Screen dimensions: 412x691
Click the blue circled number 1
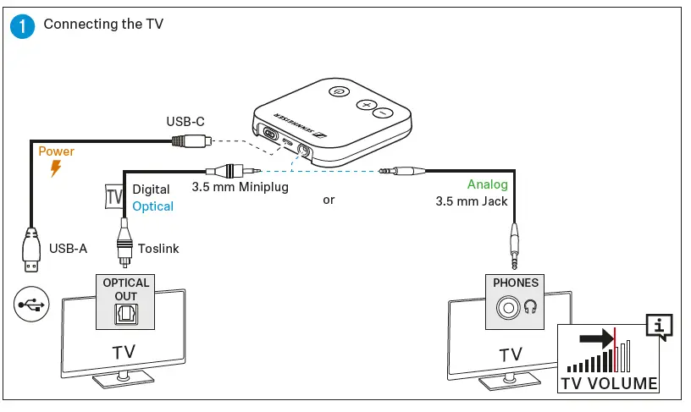[x=25, y=25]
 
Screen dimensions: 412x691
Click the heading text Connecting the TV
[x=103, y=24]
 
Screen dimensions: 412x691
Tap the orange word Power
[x=57, y=151]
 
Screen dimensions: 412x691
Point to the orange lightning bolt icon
[x=56, y=168]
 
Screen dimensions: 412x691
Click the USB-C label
[x=184, y=123]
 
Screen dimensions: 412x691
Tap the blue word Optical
[x=153, y=206]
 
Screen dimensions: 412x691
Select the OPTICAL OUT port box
[x=126, y=301]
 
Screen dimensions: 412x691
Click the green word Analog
[x=487, y=184]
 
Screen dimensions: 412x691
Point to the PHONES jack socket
[x=508, y=308]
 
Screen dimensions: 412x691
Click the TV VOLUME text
[x=609, y=383]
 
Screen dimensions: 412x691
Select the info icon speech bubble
[x=658, y=325]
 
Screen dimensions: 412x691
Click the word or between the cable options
[x=329, y=201]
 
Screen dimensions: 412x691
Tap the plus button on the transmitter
[x=365, y=105]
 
